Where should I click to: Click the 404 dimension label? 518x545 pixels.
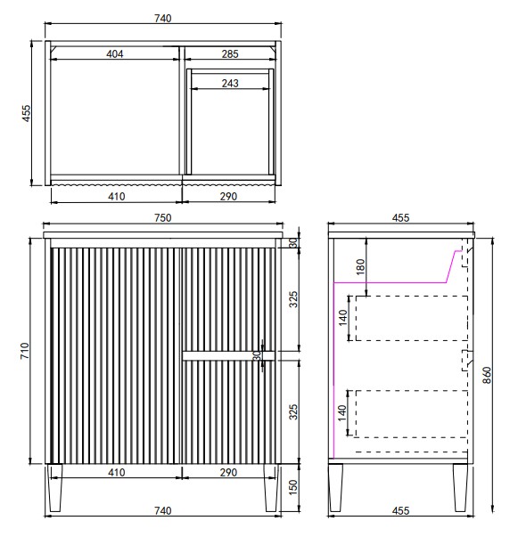(114, 53)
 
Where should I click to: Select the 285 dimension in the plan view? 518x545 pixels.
(230, 53)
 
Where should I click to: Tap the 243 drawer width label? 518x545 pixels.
(230, 83)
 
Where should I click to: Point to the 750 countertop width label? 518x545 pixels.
(163, 217)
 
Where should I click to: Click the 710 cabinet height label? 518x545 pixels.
(25, 351)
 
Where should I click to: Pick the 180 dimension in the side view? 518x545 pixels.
(361, 266)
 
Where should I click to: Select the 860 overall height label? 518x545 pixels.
(487, 375)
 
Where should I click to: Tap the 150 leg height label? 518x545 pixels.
(293, 487)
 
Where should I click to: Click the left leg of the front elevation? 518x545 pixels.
(55, 488)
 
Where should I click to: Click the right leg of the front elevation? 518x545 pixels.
(271, 488)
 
